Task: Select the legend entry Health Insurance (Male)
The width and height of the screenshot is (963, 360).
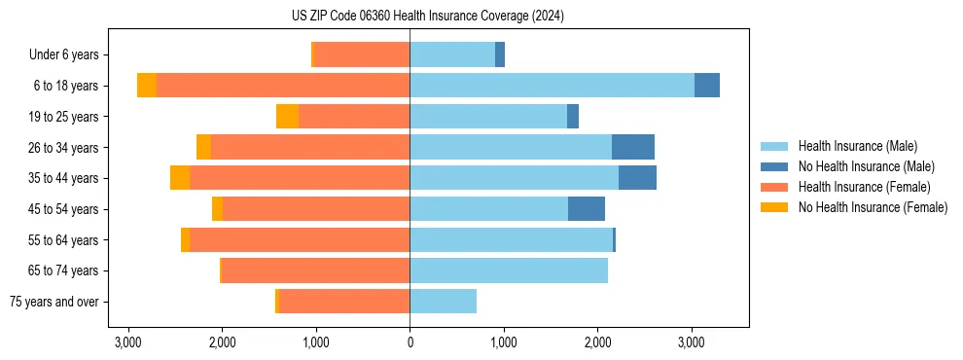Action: tap(857, 146)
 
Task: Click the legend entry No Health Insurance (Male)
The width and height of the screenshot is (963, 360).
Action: tap(866, 166)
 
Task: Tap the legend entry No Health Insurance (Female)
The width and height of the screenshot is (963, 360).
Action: tap(873, 207)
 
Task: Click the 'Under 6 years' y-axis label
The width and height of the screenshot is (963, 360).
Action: tap(69, 55)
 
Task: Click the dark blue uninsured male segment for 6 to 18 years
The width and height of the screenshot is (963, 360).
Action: tap(707, 86)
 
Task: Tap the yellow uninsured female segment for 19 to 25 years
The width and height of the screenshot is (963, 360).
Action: tap(287, 117)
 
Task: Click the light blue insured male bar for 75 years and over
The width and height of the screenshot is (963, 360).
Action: tap(443, 302)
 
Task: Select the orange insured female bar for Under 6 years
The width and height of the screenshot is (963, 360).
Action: tap(362, 55)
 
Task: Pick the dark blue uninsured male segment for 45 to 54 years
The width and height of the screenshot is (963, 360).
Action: tap(587, 209)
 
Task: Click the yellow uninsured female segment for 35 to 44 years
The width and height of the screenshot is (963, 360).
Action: tap(180, 178)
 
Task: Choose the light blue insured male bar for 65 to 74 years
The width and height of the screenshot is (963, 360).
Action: tap(509, 270)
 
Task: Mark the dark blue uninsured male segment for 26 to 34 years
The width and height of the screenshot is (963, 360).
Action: tap(633, 147)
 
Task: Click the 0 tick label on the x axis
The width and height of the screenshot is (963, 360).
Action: tap(410, 342)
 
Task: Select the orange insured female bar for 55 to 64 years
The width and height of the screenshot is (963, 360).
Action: tap(300, 240)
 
